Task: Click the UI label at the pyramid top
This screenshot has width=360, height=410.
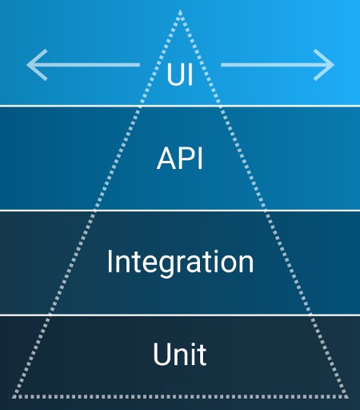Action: (x=180, y=74)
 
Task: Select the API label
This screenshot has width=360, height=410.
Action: (x=180, y=159)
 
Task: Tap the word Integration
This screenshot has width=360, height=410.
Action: (x=180, y=263)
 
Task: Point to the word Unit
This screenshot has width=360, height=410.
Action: (x=180, y=354)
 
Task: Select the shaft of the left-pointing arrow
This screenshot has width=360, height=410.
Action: (x=83, y=65)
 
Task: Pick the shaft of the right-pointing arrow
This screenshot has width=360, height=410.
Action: (x=277, y=65)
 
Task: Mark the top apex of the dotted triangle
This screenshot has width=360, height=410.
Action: (x=180, y=10)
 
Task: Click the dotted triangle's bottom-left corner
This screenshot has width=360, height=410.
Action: (x=14, y=397)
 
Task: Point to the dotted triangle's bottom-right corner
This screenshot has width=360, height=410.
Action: (x=346, y=397)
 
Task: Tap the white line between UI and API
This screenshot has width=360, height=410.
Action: (x=180, y=106)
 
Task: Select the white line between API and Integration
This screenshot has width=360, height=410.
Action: (x=180, y=211)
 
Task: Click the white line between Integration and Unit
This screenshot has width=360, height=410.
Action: (x=180, y=316)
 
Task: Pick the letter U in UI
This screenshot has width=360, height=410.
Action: (x=175, y=74)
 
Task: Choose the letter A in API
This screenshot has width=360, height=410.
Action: (x=166, y=159)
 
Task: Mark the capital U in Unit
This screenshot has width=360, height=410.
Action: (x=162, y=354)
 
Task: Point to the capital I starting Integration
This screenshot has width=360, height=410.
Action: (x=109, y=262)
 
